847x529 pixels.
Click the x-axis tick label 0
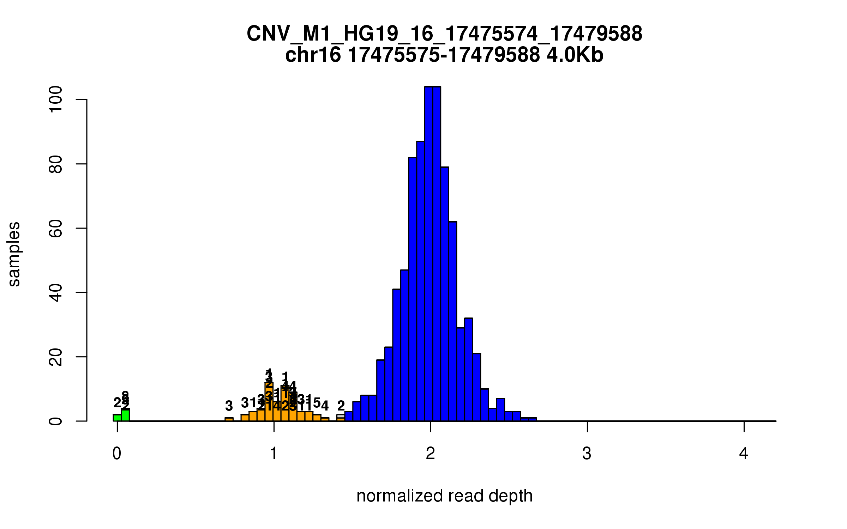(x=117, y=454)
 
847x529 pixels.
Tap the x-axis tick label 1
(x=274, y=454)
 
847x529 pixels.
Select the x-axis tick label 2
(x=430, y=454)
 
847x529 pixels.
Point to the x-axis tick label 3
(x=587, y=454)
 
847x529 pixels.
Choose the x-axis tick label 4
(x=744, y=454)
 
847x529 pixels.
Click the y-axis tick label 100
(x=56, y=100)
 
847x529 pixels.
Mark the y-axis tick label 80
(x=56, y=164)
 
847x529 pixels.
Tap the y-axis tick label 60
(x=56, y=228)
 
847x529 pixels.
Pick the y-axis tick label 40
(x=56, y=292)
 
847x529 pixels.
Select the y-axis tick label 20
(x=56, y=357)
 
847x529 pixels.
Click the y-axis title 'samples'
(x=14, y=254)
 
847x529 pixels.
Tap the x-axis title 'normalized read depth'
(x=444, y=496)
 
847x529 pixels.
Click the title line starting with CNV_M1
(x=444, y=34)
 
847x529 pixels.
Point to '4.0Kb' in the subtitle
(x=575, y=55)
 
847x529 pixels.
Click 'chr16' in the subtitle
(x=313, y=55)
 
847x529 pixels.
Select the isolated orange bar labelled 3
(x=229, y=419)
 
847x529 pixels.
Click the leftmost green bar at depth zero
(x=117, y=418)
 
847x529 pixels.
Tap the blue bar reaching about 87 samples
(x=420, y=282)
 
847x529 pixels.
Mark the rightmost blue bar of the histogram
(x=533, y=419)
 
